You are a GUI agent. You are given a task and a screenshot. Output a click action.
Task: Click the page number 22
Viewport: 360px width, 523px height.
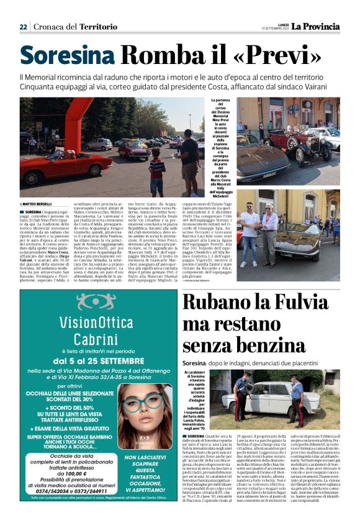(x=23, y=27)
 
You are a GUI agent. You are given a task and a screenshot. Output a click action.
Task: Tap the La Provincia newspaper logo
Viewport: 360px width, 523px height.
(x=316, y=26)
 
